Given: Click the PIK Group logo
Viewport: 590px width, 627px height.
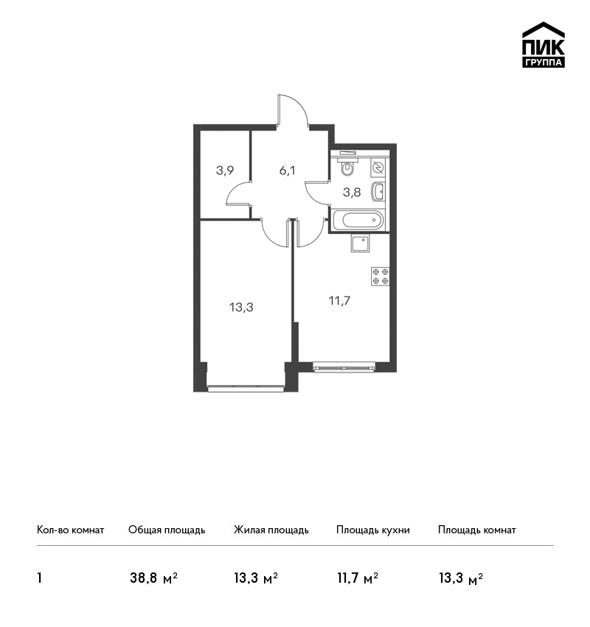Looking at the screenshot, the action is [x=544, y=45].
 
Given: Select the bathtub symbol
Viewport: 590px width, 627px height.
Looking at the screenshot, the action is [x=358, y=220].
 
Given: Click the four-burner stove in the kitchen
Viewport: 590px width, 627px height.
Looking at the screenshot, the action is [x=380, y=277].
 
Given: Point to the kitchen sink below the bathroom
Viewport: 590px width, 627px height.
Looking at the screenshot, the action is [x=361, y=243].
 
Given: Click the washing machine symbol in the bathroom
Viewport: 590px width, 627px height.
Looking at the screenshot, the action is [x=378, y=167].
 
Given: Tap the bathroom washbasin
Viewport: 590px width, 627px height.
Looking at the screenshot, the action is [x=378, y=192].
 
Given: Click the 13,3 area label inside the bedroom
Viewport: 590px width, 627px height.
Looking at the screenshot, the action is [x=241, y=308].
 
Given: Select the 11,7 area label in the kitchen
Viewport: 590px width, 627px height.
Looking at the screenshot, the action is [x=339, y=300].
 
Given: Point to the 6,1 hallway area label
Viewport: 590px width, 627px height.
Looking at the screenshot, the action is [x=287, y=170].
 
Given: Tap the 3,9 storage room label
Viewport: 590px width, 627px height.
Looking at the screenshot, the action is [x=225, y=170].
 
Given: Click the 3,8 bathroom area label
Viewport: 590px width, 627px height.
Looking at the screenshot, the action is [x=352, y=193].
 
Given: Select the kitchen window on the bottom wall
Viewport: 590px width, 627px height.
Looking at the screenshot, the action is [x=344, y=367].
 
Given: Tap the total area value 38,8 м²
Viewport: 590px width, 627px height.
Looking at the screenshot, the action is [x=153, y=578].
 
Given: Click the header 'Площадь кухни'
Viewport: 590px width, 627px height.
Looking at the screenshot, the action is [x=373, y=530].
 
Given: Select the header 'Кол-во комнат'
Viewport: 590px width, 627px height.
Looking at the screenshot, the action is [x=70, y=530].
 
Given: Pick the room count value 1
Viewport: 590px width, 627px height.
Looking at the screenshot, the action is [x=39, y=578].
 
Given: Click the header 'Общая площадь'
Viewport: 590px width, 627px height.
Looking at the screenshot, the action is [x=167, y=530].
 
